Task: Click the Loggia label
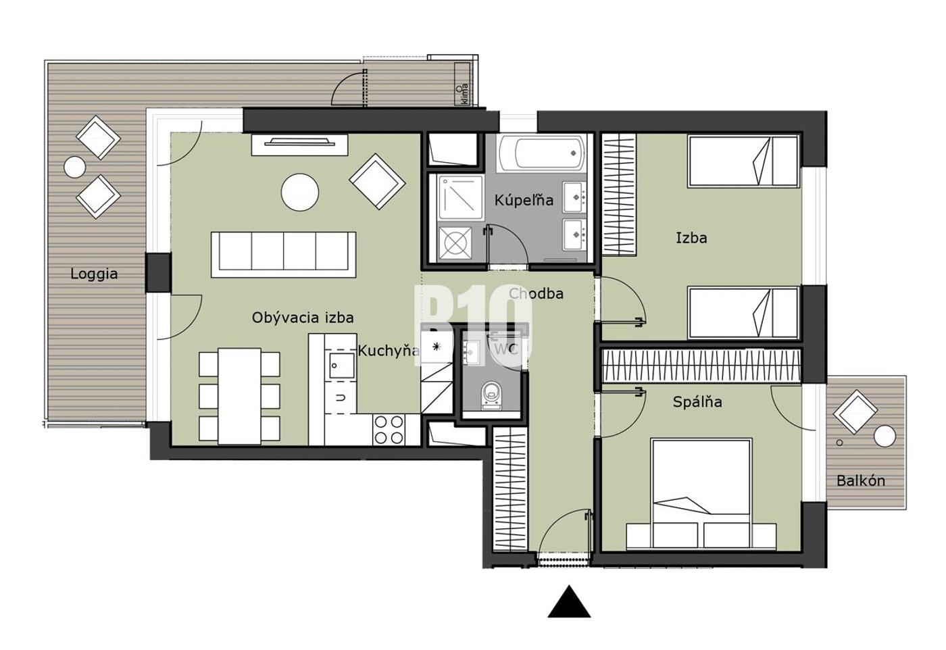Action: [94, 274]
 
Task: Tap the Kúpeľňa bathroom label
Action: [524, 200]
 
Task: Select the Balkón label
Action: [861, 480]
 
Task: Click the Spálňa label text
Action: [697, 401]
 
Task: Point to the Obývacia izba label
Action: [303, 318]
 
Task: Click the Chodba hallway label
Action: [537, 293]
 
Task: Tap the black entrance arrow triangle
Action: [569, 601]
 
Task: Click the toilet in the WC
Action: [491, 396]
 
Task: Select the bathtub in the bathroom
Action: [542, 153]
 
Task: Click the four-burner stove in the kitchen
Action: [389, 430]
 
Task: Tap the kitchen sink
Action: [342, 365]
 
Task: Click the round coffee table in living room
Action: [300, 192]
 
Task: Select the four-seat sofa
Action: [283, 255]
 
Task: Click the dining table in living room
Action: [239, 396]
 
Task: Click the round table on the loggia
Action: [75, 168]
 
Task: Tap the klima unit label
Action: [465, 95]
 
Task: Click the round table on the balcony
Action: [885, 436]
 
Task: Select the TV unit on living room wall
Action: [300, 145]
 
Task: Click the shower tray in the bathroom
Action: [460, 198]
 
